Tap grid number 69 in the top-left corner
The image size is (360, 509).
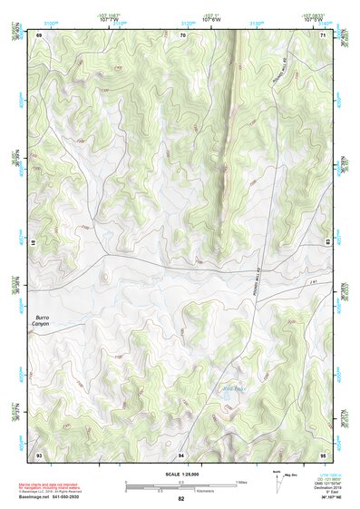pos(39,34)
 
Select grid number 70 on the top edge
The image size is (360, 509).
pos(183,34)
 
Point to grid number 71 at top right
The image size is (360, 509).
pos(323,34)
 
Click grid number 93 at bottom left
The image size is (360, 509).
pos(39,454)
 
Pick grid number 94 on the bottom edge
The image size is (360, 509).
pos(181,454)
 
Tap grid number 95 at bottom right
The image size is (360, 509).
pos(323,454)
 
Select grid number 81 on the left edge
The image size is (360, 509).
pos(36,243)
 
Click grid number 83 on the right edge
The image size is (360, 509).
pos(326,240)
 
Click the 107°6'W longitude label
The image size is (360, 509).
pos(214,20)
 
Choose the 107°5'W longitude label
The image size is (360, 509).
pos(313,20)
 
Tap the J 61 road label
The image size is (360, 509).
pos(313,284)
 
